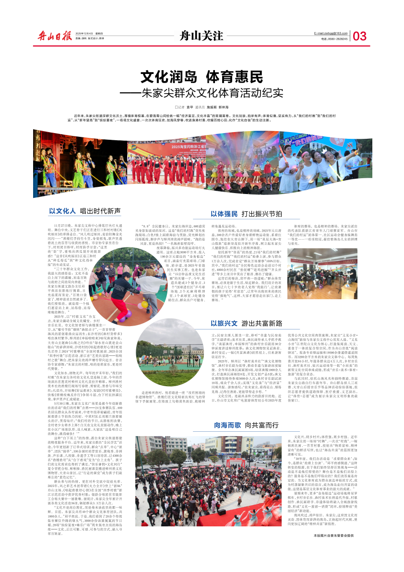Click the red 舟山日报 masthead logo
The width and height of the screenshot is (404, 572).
(x=53, y=36)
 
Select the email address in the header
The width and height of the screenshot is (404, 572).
(x=331, y=32)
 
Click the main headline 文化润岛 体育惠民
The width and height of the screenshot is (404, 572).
(x=202, y=76)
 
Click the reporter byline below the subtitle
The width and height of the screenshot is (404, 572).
(x=202, y=107)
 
